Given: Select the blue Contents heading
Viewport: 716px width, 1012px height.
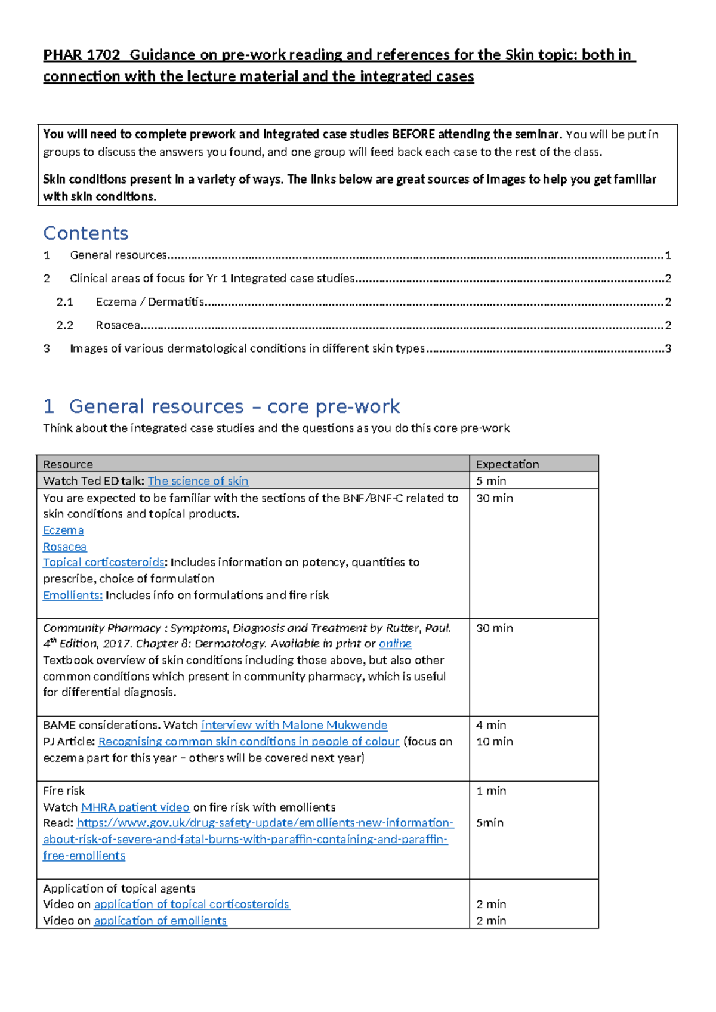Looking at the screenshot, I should pos(86,233).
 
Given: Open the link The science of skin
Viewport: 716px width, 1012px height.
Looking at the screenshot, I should pos(198,481).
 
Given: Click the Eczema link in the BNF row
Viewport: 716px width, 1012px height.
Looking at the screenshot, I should pos(63,530).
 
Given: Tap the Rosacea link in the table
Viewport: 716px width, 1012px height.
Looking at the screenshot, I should pos(64,547).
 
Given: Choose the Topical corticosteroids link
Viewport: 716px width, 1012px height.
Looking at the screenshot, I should pos(104,563).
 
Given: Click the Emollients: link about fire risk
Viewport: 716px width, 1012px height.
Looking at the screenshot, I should pos(73,596).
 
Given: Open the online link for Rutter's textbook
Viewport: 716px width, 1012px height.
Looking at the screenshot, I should pos(395,644).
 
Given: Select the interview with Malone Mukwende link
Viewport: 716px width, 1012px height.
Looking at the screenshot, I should pos(294,725).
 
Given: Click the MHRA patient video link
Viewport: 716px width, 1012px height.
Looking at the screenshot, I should pos(135,807).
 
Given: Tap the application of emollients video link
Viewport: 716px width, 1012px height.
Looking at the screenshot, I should pos(161,921).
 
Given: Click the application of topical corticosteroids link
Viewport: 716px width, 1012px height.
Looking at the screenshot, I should pos(192,905).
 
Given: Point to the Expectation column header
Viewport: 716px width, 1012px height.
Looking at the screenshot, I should pos(507,464).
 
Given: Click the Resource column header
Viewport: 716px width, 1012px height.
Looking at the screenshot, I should pos(68,464).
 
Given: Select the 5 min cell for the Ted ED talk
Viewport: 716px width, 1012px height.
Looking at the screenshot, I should pos(491,481).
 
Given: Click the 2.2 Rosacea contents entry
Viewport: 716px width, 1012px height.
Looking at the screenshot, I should pos(117,325).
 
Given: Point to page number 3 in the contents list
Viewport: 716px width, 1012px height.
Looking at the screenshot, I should pos(668,348).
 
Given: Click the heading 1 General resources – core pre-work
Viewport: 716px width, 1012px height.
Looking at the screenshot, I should pos(221,406).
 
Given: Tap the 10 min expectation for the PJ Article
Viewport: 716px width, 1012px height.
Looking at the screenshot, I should pos(495,742).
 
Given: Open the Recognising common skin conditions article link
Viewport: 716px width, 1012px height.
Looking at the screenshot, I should pos(248,742).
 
